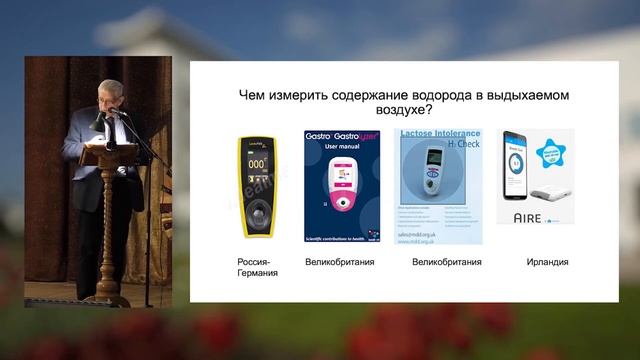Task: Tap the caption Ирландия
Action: click(547, 262)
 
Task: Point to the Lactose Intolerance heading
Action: click(440, 132)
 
